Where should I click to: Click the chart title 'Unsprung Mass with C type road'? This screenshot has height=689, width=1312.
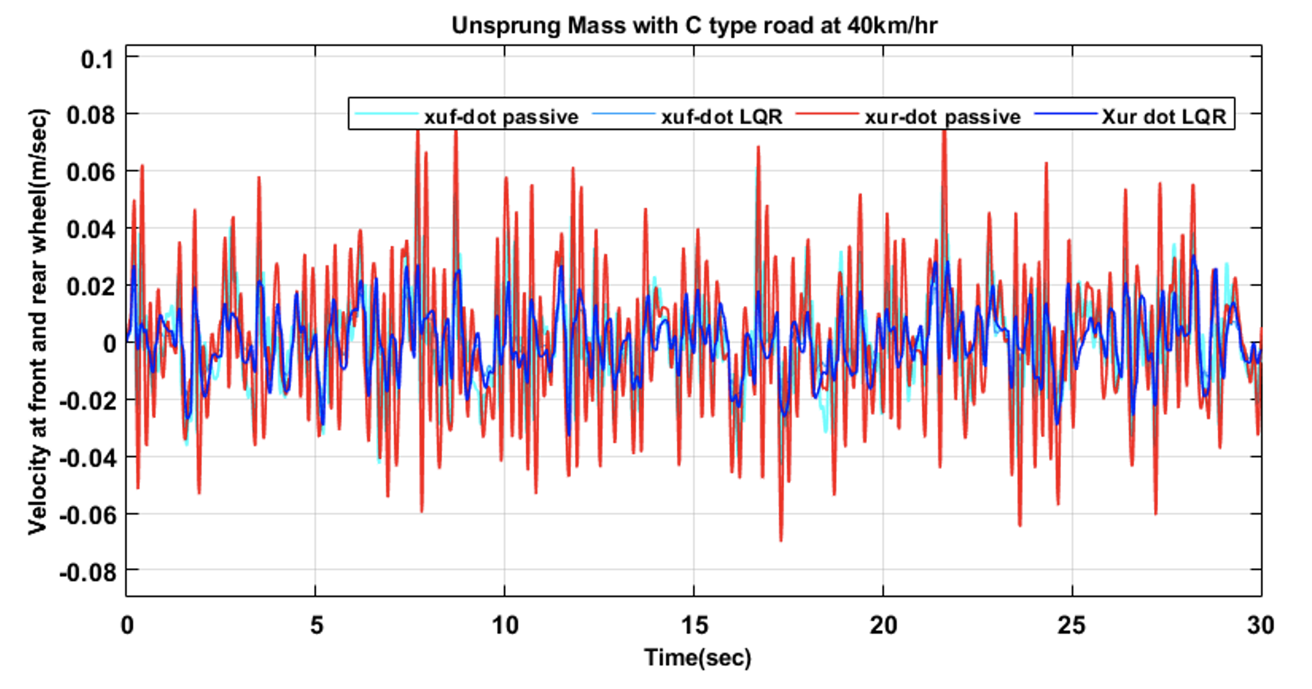pos(694,26)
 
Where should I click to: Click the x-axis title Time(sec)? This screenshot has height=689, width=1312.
pos(697,658)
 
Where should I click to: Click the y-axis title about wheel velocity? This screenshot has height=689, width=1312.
pos(38,322)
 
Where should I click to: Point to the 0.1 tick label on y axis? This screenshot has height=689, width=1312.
pos(97,60)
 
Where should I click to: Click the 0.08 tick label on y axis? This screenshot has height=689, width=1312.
pos(91,115)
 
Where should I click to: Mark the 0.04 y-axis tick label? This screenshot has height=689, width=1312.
pos(91,230)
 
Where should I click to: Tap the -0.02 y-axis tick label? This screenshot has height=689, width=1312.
pos(87,402)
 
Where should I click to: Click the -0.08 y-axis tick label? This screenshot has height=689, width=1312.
pos(87,572)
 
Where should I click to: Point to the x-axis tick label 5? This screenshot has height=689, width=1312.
pos(317,625)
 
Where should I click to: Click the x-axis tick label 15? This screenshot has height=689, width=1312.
pos(694,625)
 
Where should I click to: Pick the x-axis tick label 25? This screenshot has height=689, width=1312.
pos(1071,625)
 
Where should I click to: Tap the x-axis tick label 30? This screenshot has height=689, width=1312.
pos(1260,625)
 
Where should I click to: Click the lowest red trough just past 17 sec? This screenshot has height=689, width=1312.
pos(781,539)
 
